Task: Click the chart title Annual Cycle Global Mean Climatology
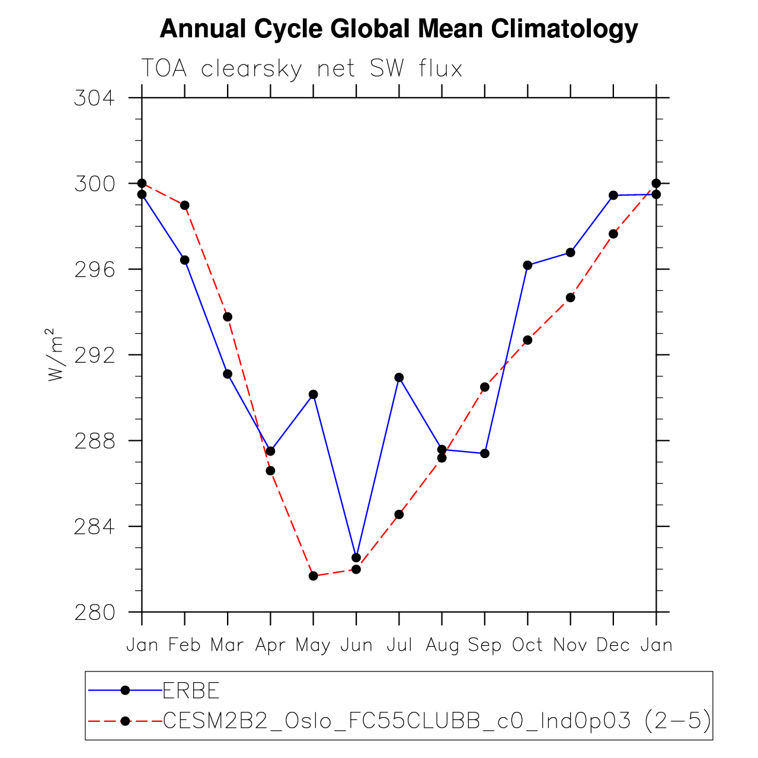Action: point(398,28)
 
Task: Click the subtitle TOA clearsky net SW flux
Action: point(301,69)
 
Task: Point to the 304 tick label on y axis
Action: point(94,98)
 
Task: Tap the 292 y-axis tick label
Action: point(94,355)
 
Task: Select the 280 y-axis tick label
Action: point(94,612)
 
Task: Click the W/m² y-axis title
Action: point(55,354)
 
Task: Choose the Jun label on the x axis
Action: point(356,645)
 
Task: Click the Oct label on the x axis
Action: point(527,645)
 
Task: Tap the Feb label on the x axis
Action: point(184,645)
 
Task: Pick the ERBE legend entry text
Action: point(191,690)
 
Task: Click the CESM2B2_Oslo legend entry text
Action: point(436,721)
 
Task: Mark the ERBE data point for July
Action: point(399,378)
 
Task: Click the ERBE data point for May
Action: point(314,394)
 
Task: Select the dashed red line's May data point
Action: point(314,576)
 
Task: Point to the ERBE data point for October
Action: point(527,265)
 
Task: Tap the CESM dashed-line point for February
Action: point(185,205)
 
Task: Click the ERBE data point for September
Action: point(485,453)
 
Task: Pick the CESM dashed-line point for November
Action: point(570,298)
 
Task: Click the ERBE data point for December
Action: point(613,195)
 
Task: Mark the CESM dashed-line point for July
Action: point(399,514)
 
